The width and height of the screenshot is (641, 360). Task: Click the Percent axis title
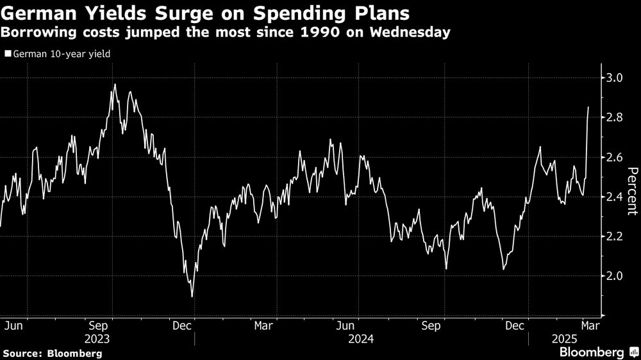[631, 190]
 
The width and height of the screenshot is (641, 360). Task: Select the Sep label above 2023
[102, 325]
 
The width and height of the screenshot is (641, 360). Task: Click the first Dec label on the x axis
[183, 325]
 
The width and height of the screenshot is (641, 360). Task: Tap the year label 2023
[96, 338]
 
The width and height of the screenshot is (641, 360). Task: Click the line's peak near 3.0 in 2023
[115, 85]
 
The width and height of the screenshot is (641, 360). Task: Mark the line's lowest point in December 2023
[192, 297]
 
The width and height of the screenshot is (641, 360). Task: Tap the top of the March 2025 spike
[588, 108]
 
